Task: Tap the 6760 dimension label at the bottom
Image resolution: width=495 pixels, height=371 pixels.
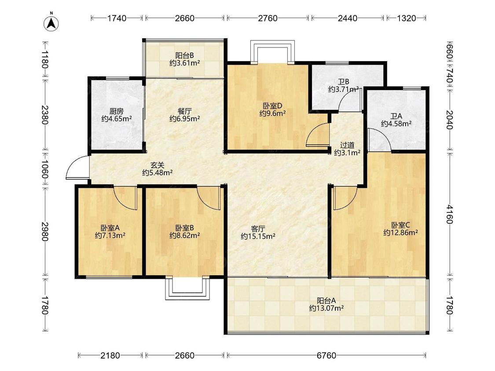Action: (326, 356)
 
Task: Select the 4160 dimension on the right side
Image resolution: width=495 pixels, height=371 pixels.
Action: (449, 214)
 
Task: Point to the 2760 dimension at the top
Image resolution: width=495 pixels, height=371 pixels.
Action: (268, 18)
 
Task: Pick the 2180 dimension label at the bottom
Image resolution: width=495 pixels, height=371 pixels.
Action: (110, 356)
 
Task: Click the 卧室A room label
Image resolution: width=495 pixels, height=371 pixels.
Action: (110, 228)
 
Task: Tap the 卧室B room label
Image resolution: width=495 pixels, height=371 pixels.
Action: (185, 228)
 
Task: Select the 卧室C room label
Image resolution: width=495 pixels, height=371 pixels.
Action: (400, 225)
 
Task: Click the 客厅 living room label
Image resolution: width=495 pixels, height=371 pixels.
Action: (258, 229)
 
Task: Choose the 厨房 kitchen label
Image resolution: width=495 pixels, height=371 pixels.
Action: (117, 111)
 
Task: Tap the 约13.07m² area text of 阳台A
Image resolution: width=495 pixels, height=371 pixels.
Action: (326, 308)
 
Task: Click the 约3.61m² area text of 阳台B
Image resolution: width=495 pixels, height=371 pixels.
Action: (185, 63)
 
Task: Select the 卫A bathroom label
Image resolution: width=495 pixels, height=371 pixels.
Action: (396, 116)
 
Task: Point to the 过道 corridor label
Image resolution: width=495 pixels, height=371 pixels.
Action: (347, 145)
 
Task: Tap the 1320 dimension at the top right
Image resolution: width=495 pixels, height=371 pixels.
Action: (406, 18)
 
